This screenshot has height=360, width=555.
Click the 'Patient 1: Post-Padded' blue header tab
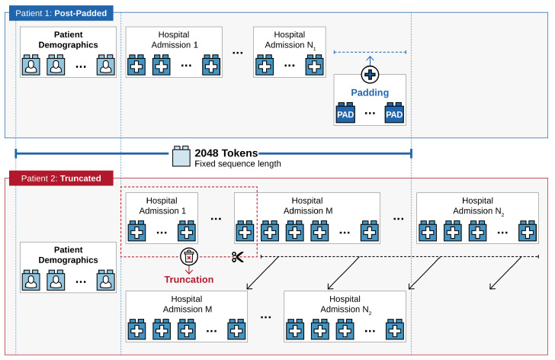(61, 13)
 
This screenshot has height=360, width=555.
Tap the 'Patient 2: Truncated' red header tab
(61, 178)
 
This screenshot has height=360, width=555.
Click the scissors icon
(238, 256)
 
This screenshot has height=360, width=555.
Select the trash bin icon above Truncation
(189, 256)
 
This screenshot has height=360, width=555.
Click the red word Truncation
(189, 280)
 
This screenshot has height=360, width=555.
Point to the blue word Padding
(370, 93)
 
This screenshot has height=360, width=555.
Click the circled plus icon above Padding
(370, 75)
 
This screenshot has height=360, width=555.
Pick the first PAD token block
(345, 113)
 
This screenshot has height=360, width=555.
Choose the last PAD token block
(394, 113)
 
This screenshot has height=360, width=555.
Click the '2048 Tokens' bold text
(226, 153)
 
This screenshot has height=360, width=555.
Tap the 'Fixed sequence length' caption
(238, 164)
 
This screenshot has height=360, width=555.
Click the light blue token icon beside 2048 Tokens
(181, 156)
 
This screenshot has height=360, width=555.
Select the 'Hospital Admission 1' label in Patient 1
(174, 40)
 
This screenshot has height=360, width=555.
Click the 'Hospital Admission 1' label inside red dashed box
(162, 206)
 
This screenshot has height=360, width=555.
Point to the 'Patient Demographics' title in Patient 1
(69, 40)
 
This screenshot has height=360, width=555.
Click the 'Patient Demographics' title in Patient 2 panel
(69, 255)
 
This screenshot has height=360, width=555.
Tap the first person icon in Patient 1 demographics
(31, 65)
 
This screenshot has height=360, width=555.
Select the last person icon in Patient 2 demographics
(106, 280)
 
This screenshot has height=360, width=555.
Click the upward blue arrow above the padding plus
(370, 60)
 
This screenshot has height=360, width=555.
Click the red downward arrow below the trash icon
(189, 270)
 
